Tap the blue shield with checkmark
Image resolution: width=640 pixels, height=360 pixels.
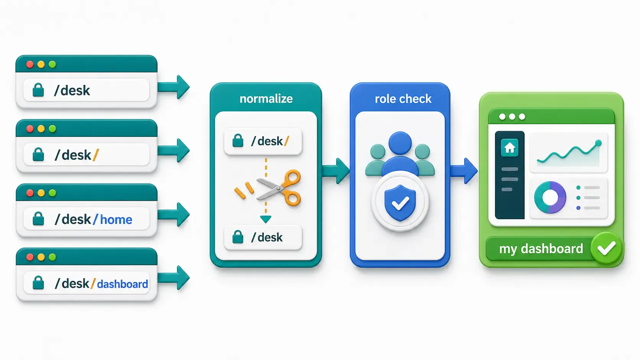pyautogui.click(x=400, y=203)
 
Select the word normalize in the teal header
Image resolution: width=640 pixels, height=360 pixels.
pyautogui.click(x=266, y=99)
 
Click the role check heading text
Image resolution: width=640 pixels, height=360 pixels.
pyautogui.click(x=403, y=99)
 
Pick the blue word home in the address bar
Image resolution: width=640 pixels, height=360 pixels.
pyautogui.click(x=116, y=220)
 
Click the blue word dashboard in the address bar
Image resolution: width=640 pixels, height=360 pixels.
pyautogui.click(x=122, y=284)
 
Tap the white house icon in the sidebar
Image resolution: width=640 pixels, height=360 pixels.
pyautogui.click(x=510, y=148)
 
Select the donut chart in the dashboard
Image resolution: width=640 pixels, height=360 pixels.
pyautogui.click(x=550, y=197)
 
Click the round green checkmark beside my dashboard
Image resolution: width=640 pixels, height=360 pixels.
pyautogui.click(x=606, y=248)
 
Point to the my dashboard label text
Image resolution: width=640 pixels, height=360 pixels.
pyautogui.click(x=541, y=249)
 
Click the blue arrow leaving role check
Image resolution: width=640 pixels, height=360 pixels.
pyautogui.click(x=464, y=171)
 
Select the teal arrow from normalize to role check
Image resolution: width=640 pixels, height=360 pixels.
pyautogui.click(x=336, y=171)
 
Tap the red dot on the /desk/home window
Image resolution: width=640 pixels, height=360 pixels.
pyautogui.click(x=30, y=193)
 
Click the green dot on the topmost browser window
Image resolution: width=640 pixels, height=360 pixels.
pyautogui.click(x=52, y=64)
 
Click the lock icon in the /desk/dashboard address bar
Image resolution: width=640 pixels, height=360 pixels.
pyautogui.click(x=38, y=283)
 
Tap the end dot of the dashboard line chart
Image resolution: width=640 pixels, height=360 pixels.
pyautogui.click(x=598, y=143)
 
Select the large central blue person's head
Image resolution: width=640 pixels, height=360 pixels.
pyautogui.click(x=400, y=143)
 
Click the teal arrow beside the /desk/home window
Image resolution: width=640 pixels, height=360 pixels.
pyautogui.click(x=174, y=214)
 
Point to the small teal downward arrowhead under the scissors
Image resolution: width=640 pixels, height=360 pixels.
pyautogui.click(x=266, y=219)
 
